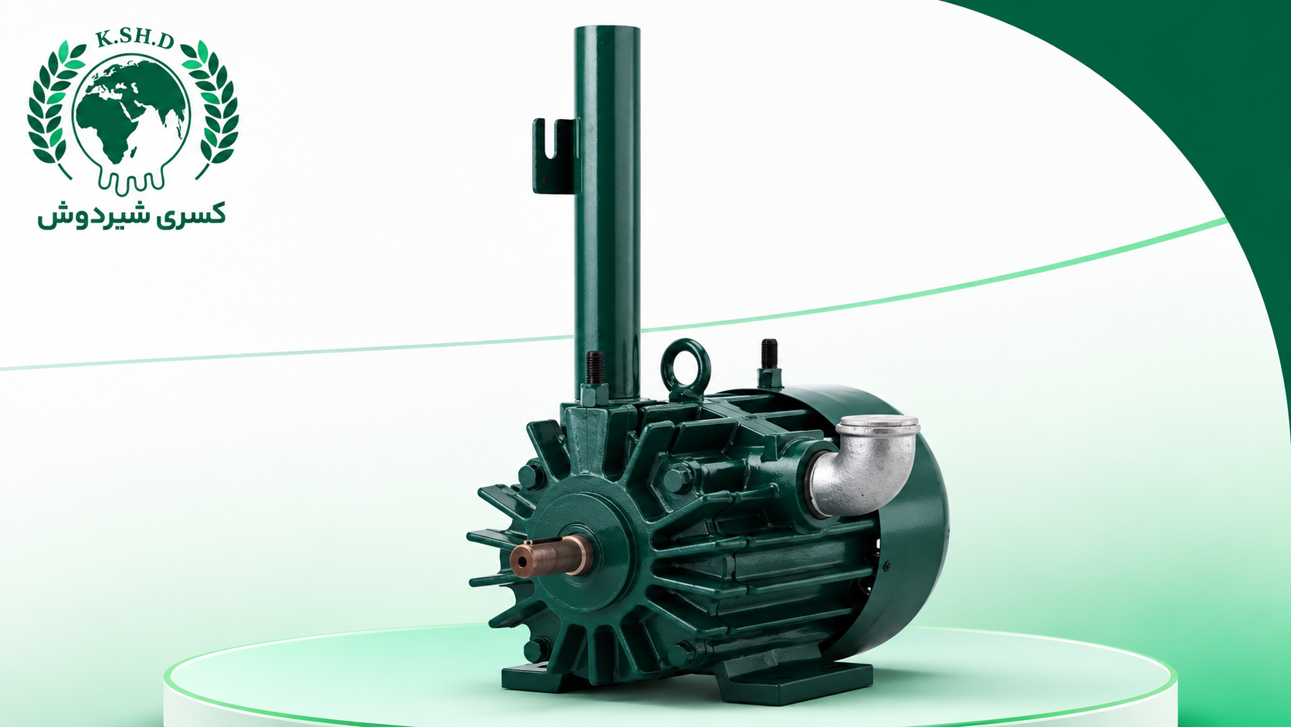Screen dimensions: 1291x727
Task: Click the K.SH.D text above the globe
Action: coord(134,39)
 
